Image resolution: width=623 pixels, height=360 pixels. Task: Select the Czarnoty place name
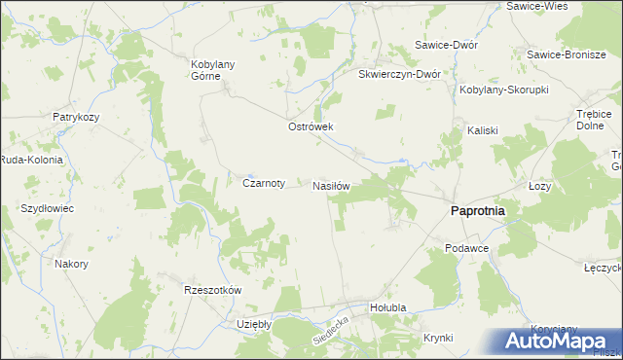coord(263,182)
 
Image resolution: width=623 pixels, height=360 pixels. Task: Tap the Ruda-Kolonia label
coord(31,161)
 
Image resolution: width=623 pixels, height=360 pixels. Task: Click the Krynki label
coord(439,338)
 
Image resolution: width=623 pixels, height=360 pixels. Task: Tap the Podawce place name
coord(466,248)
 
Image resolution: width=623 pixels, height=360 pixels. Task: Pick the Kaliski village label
coord(482,129)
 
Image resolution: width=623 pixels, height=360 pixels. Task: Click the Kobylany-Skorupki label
coord(504,90)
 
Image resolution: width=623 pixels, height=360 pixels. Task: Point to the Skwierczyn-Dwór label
coord(400,74)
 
